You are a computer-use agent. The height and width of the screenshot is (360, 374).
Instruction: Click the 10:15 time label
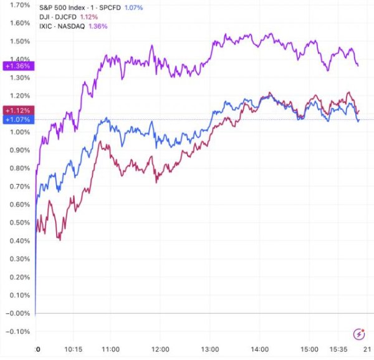point(74,350)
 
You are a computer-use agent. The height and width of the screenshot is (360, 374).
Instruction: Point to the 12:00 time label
point(161,350)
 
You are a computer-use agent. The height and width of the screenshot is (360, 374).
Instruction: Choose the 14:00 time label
point(261,350)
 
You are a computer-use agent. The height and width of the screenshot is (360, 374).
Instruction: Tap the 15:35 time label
point(335,350)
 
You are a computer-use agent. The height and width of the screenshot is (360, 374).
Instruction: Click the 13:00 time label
point(211,350)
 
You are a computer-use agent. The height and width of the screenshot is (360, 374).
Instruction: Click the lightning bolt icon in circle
point(358,334)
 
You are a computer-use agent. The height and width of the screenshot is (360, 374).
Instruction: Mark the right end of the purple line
point(358,65)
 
